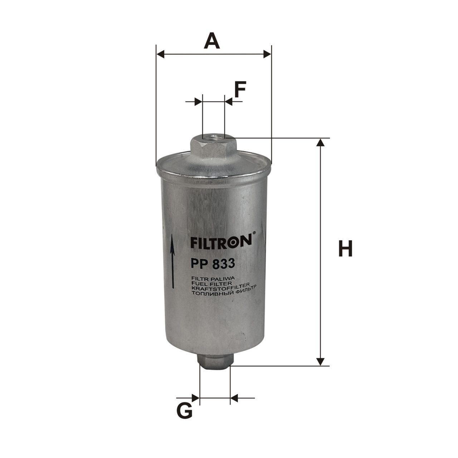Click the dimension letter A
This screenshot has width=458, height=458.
pos(212,41)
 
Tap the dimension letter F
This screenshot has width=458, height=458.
pos(240,89)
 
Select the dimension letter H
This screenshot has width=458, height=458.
pos(345,249)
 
